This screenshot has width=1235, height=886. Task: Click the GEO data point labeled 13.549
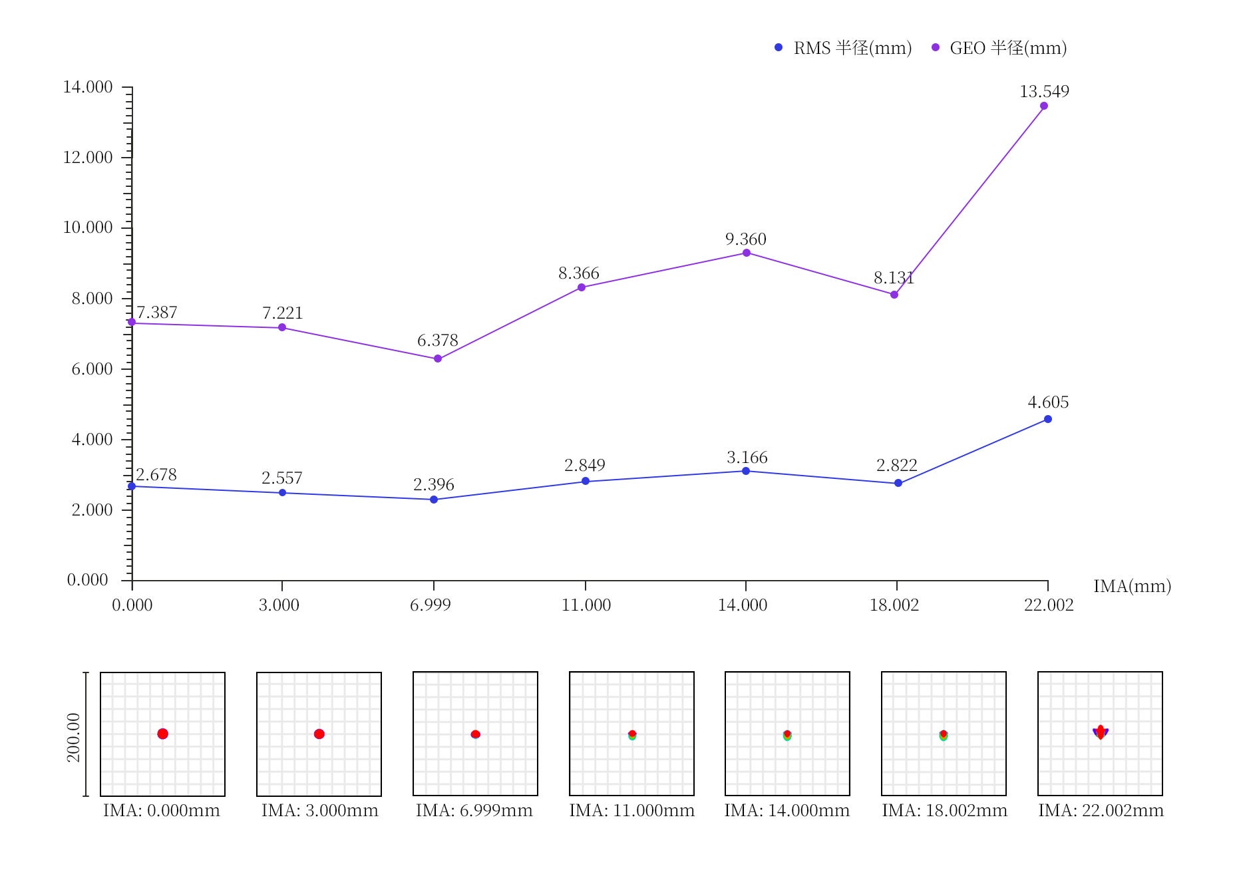1043,106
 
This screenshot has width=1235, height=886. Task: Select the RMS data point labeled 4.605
1047,419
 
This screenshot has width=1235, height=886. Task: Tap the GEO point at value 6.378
437,359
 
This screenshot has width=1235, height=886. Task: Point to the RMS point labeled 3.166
745,471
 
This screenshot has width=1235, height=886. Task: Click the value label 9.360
745,239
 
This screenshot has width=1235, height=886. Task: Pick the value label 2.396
433,484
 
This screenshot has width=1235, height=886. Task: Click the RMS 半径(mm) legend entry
843,48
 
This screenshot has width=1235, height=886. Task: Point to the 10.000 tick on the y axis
88,227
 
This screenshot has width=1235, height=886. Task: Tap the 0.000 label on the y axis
87,580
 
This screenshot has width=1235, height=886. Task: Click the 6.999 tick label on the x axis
430,605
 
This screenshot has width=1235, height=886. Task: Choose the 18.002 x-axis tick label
894,605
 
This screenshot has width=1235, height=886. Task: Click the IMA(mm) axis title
1132,586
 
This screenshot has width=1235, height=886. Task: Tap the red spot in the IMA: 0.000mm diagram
162,734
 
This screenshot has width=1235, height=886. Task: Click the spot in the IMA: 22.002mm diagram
1100,732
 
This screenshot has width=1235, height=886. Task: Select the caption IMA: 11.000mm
631,810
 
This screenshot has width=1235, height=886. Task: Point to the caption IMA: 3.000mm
319,810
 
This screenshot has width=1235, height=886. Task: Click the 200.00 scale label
73,737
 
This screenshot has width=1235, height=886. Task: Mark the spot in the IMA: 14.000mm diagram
787,735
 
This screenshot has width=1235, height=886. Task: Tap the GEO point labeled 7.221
282,327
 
